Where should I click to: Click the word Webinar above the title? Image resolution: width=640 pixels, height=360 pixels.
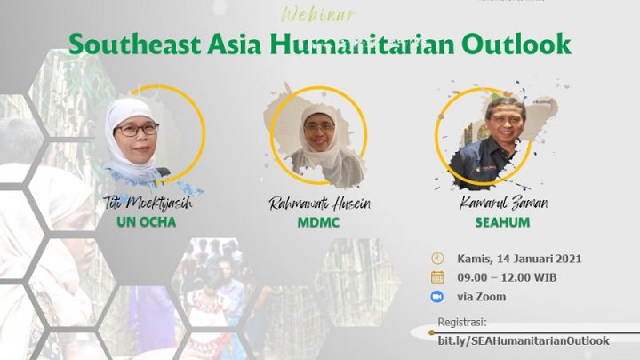[317, 14]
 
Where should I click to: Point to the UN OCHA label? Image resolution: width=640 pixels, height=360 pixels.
[147, 221]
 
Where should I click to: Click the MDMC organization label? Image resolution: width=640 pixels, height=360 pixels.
[319, 221]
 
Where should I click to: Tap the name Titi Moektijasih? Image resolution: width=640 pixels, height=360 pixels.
[147, 204]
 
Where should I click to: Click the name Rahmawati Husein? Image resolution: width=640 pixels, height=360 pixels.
[319, 204]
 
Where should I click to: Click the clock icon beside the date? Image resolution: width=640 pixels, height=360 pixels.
[437, 259]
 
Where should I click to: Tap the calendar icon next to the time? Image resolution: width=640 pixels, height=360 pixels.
[437, 277]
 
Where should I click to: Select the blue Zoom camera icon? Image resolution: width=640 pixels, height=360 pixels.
[437, 296]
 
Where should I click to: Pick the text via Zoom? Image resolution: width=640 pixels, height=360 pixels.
[481, 296]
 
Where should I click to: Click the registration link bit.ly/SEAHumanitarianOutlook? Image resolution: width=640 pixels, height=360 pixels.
[524, 340]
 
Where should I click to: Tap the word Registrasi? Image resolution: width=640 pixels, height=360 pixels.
[462, 323]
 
